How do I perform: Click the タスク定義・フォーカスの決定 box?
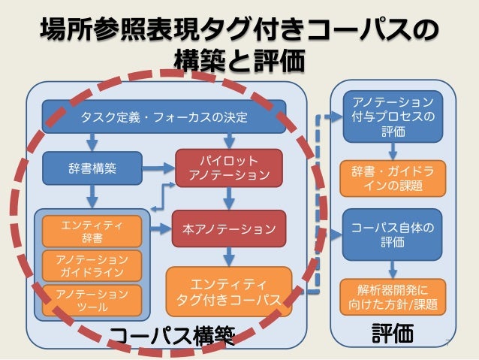tap(164, 116)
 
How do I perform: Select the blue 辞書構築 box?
tap(92, 168)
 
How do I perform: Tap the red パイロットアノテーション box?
tap(229, 168)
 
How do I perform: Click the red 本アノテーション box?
tap(229, 228)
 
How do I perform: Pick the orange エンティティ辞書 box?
tap(92, 231)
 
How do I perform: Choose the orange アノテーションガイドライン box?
tap(92, 265)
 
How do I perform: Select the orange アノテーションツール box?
tap(92, 298)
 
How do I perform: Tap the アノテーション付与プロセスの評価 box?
tap(391, 116)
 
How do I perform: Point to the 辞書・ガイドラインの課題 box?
tap(391, 177)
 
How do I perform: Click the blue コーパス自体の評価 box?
tap(391, 234)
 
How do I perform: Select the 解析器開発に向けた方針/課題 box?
tap(391, 296)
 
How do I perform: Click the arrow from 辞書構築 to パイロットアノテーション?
tap(158, 168)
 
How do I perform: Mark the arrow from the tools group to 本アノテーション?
tap(160, 227)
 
